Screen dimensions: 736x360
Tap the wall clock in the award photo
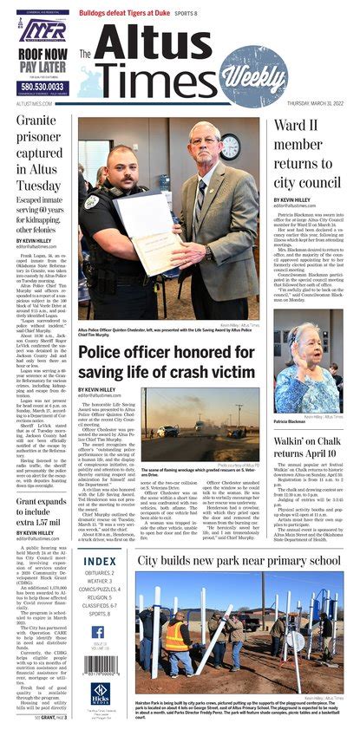click(230, 144)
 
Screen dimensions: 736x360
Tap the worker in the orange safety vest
click(175, 633)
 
